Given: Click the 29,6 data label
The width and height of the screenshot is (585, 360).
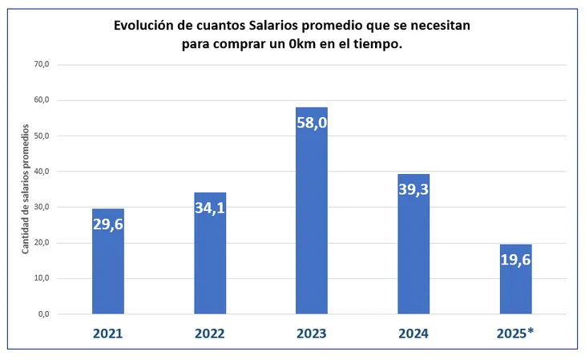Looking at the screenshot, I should click(x=108, y=224).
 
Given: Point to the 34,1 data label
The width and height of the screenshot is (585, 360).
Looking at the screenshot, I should click(x=210, y=208).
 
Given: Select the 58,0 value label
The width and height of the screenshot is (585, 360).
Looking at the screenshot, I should click(x=312, y=123).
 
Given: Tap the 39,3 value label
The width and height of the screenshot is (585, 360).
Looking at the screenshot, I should click(x=414, y=190).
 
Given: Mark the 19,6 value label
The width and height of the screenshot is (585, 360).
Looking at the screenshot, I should click(x=515, y=261).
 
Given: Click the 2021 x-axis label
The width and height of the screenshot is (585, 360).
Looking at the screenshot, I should click(x=108, y=333).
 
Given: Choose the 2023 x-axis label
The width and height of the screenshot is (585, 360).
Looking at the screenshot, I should click(x=312, y=333).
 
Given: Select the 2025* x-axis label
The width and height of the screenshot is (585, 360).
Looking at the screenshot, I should click(x=515, y=333).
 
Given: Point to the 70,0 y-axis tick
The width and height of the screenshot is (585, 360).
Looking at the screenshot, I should click(x=39, y=64).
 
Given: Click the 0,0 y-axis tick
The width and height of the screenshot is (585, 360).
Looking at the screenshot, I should click(x=42, y=314).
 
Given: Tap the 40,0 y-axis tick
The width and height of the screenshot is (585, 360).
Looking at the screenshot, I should click(x=39, y=172).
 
